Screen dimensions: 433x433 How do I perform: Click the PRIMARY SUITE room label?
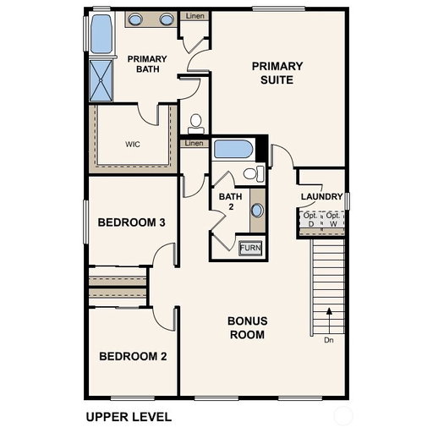(x=277, y=73)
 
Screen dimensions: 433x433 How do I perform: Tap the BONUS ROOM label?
(x=248, y=328)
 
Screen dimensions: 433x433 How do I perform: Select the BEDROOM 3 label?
(x=131, y=222)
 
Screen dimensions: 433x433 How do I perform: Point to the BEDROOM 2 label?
(x=133, y=356)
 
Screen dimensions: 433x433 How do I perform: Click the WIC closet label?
(x=133, y=145)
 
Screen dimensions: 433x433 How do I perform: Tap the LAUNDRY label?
(x=321, y=196)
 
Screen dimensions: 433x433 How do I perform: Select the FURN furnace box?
(x=250, y=248)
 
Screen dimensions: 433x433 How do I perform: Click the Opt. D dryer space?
(x=310, y=220)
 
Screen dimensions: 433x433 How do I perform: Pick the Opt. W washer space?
(x=333, y=220)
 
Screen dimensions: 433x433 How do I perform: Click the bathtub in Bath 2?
(x=233, y=149)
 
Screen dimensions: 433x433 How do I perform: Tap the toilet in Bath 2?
(x=254, y=173)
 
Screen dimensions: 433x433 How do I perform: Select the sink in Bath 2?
(x=257, y=211)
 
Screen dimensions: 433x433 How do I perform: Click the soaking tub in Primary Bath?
(x=101, y=34)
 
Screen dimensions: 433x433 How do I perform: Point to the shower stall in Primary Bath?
(x=101, y=80)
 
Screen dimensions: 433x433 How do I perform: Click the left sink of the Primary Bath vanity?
(x=135, y=19)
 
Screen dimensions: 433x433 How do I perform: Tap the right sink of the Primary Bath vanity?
(x=167, y=19)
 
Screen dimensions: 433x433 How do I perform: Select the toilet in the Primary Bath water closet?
(x=196, y=124)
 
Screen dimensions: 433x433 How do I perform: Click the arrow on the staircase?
(x=329, y=321)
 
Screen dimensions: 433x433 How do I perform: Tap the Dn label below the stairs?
(x=329, y=340)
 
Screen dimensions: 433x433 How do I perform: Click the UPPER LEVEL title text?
(x=129, y=417)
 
